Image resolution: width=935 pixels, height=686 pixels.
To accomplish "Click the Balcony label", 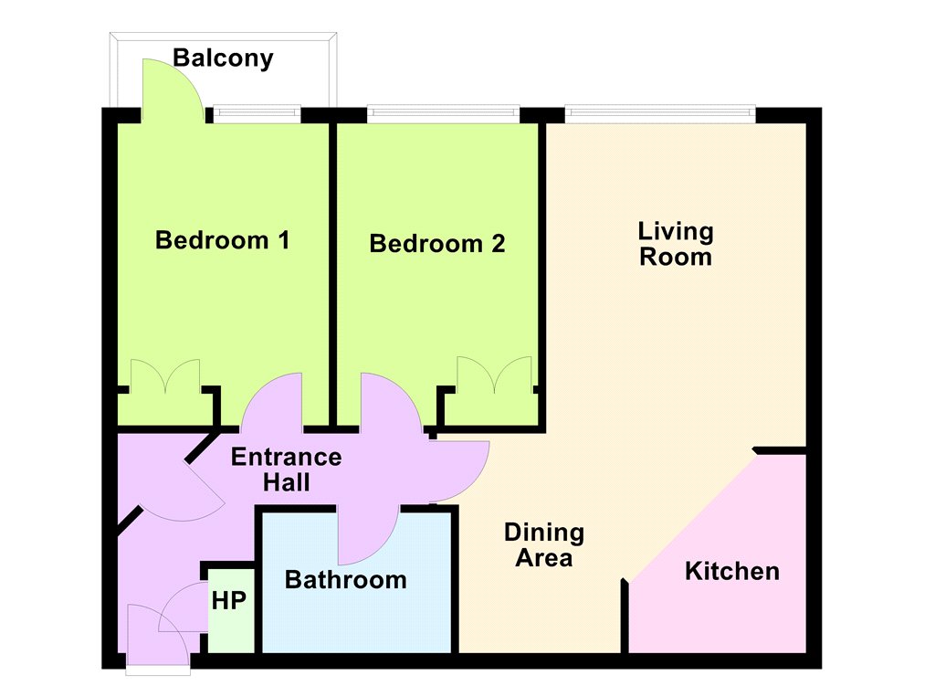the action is [x=223, y=58].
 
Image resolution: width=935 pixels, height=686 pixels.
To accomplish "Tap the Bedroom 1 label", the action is [x=223, y=240].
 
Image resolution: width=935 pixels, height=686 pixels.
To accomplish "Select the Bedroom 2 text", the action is [x=437, y=243].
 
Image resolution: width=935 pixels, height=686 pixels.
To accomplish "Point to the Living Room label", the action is [x=676, y=244].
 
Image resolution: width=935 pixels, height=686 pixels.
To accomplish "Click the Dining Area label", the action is [x=544, y=545].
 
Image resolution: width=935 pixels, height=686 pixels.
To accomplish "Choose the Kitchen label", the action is [x=732, y=572].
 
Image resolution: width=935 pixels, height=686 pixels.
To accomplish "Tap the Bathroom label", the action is [x=346, y=580].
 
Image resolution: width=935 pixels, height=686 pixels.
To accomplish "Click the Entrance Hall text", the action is [x=286, y=470].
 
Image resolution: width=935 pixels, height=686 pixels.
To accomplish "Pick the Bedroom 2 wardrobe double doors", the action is [x=494, y=375].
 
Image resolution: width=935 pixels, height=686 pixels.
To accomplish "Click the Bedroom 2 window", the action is [x=443, y=112].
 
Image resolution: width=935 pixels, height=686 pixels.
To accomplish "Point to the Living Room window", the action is [x=660, y=112].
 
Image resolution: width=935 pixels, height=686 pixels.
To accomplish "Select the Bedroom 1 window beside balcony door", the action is [x=257, y=112].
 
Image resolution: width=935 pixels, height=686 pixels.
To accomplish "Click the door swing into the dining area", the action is [x=459, y=471].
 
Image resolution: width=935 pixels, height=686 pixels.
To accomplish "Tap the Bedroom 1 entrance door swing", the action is [x=272, y=401].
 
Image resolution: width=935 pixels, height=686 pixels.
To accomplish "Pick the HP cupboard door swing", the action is [x=183, y=607].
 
